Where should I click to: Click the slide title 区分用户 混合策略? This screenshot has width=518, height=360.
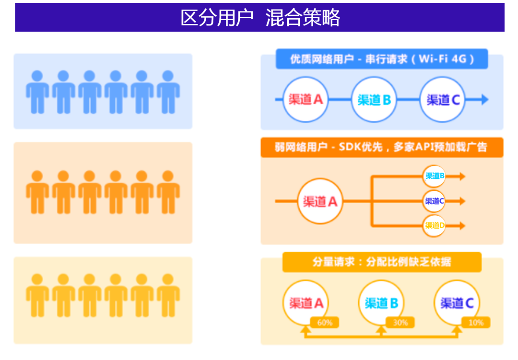(259, 18)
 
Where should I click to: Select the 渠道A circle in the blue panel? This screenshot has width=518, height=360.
(306, 100)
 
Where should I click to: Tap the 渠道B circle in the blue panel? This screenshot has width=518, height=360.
(374, 100)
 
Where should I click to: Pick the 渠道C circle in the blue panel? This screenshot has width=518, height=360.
(443, 100)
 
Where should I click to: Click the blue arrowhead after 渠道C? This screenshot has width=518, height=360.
(484, 100)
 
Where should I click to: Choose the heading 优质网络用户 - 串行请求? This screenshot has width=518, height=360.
(382, 59)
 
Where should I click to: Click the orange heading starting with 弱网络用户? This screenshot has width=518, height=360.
(382, 147)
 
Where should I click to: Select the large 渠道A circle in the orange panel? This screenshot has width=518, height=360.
(320, 201)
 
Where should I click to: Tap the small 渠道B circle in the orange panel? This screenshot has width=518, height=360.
(435, 176)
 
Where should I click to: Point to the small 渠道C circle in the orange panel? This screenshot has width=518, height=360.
(435, 201)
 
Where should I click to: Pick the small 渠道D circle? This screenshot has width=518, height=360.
(435, 225)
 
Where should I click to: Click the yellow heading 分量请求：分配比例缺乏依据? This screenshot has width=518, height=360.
(382, 262)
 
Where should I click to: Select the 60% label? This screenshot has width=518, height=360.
(325, 323)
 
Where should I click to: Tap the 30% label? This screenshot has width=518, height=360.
(400, 323)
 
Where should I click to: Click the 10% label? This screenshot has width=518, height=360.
(476, 323)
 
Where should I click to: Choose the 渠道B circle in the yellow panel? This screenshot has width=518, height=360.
(381, 303)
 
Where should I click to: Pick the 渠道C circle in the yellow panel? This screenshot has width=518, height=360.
(457, 303)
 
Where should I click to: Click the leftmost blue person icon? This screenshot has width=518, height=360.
(37, 92)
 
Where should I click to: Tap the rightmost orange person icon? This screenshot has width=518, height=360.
(168, 192)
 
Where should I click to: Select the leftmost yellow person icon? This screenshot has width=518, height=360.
(37, 295)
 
